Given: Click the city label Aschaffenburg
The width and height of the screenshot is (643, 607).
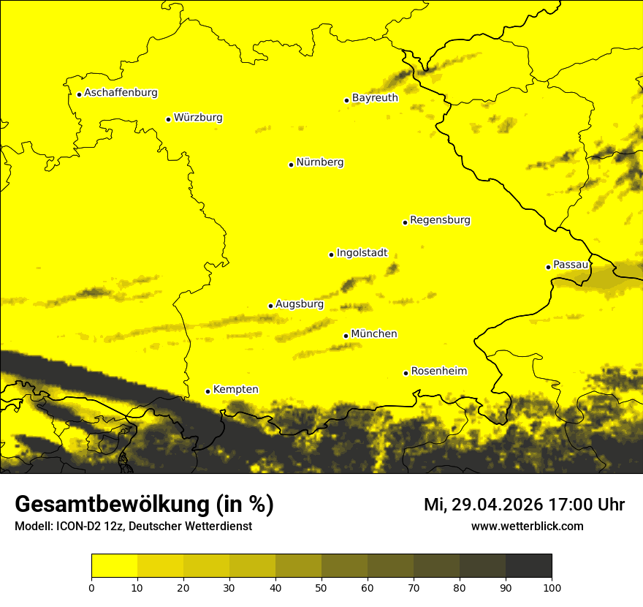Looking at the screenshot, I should click(x=121, y=93).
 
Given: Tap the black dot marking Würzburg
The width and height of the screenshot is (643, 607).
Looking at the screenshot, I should click(x=168, y=119).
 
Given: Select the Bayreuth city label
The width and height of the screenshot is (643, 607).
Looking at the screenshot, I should click(x=375, y=98).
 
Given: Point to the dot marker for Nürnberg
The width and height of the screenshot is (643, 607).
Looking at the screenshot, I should click(x=291, y=165).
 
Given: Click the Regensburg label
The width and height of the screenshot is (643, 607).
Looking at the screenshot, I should click(x=440, y=220).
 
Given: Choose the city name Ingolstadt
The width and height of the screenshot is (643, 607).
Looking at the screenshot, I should click(x=362, y=253).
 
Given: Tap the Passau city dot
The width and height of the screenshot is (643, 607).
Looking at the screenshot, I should click(x=548, y=267).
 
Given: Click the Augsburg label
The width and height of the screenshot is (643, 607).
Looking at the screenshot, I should click(x=300, y=304).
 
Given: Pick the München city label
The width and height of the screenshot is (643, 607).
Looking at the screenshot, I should click(x=374, y=334).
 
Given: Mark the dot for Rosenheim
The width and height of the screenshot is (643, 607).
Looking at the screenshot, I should click(x=406, y=373).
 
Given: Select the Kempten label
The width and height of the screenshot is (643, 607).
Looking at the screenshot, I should click(x=235, y=390).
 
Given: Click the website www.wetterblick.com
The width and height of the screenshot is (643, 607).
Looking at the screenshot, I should click(x=527, y=526).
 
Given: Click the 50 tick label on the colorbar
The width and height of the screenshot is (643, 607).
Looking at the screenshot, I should click(x=321, y=587).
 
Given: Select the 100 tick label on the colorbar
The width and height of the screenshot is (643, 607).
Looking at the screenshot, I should click(x=552, y=587).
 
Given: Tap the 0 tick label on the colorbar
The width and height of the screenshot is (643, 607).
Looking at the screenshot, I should click(x=91, y=587).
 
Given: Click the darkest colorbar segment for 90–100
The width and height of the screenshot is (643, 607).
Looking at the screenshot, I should click(x=528, y=566).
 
